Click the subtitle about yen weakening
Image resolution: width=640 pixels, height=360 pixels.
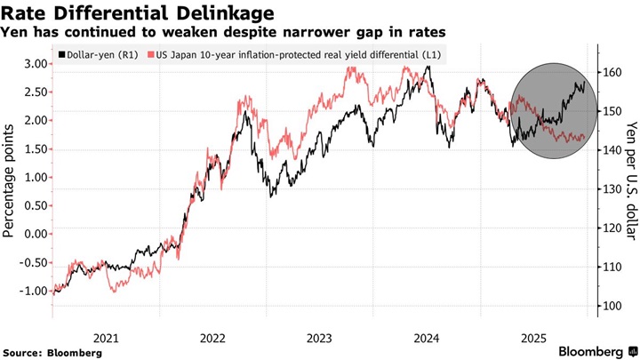click(223, 33)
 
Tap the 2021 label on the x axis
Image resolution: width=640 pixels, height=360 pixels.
click(106, 338)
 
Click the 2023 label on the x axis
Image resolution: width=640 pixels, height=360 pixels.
click(319, 338)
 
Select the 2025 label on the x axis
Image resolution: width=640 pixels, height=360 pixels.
click(533, 338)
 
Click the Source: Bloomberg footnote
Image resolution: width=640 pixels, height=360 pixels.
click(52, 353)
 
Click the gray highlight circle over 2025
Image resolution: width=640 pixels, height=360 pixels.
click(553, 111)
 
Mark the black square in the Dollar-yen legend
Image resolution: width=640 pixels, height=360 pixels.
click(60, 55)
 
